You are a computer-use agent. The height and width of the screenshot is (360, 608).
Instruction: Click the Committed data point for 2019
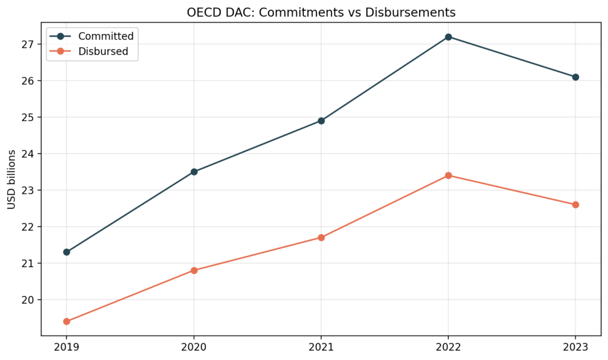(66, 252)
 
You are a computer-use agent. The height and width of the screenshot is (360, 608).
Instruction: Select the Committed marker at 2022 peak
(448, 37)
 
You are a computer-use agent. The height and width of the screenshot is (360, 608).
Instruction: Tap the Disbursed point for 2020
(194, 270)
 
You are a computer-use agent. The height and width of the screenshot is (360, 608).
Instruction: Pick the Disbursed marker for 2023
(575, 204)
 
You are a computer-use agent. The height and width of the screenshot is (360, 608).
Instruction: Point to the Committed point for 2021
(321, 121)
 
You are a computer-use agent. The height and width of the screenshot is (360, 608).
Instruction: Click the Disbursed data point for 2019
(66, 321)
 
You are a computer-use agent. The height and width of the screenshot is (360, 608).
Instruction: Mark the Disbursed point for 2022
(448, 175)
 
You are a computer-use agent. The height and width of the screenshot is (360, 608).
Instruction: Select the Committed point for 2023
(575, 77)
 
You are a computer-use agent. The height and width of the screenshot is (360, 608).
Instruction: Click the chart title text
(321, 12)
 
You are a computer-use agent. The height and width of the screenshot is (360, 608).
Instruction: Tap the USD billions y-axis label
(12, 179)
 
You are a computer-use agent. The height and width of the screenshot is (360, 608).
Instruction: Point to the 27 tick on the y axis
(30, 44)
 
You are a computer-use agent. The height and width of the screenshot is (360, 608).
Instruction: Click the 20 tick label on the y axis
(30, 299)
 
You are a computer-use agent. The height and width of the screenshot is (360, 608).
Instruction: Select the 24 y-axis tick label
(30, 153)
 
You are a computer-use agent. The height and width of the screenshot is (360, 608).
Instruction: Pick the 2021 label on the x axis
(321, 346)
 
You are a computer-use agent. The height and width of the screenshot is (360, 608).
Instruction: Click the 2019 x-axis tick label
(66, 346)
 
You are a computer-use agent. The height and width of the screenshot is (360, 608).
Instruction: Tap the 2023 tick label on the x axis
(575, 346)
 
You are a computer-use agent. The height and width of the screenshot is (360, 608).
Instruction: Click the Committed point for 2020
(194, 172)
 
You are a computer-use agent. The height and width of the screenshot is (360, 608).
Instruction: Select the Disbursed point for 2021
(321, 238)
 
